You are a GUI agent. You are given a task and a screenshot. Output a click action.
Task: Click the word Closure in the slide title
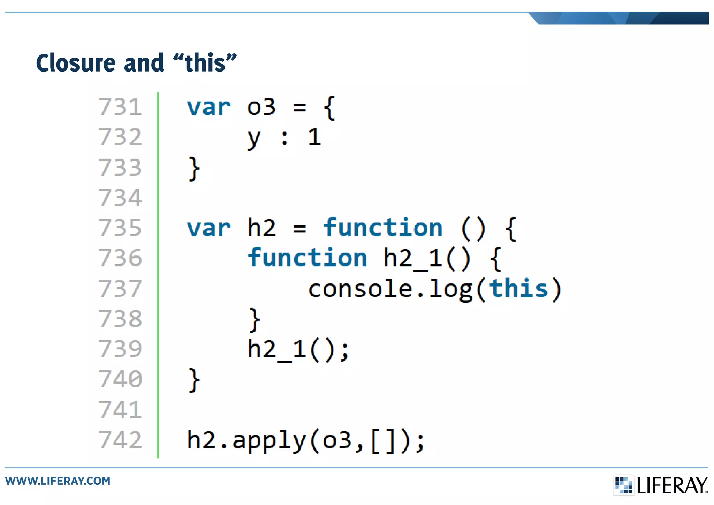tap(75, 63)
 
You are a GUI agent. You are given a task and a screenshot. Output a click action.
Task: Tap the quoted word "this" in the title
tap(205, 63)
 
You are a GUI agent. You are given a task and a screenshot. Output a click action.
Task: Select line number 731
tap(120, 107)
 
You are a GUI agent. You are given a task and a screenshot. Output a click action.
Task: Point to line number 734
tap(120, 198)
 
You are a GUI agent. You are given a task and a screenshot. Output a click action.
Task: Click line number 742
tap(120, 440)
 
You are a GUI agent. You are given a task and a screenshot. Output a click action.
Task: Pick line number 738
tap(120, 319)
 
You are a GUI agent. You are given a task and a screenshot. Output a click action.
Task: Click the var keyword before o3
tap(208, 107)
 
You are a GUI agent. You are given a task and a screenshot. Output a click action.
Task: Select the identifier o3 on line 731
tap(261, 107)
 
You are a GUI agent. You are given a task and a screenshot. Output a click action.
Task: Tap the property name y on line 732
tap(253, 138)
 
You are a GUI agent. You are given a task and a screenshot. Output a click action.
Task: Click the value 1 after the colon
tap(314, 137)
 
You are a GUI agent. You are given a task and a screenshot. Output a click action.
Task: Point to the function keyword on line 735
tap(382, 228)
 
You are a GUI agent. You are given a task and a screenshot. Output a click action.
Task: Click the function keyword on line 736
tap(307, 258)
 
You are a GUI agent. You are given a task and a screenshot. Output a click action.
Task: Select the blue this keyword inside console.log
tap(518, 289)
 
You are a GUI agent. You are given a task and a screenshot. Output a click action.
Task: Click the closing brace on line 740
tap(194, 380)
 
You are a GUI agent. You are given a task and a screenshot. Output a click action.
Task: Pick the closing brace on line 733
tap(194, 169)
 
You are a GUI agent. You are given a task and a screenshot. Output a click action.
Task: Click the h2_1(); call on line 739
tap(298, 350)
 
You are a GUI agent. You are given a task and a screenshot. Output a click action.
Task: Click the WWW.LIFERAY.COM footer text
tap(58, 481)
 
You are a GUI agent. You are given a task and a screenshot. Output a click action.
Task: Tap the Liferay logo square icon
tap(623, 485)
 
